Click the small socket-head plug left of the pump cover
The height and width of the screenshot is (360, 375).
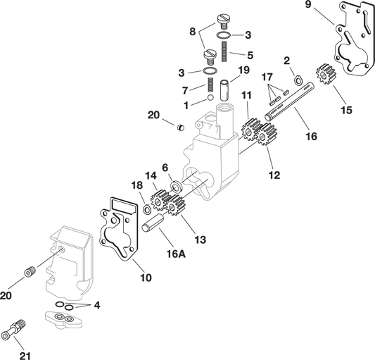click(30, 273)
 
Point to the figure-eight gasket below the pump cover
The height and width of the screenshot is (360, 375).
click(64, 318)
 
